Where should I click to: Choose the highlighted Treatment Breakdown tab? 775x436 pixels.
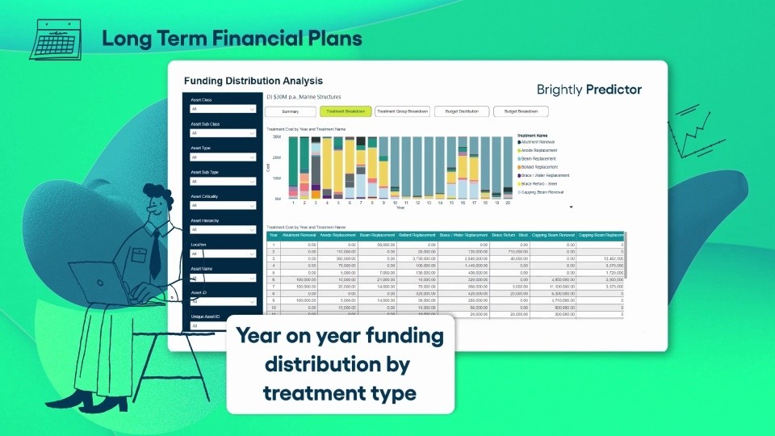pyautogui.click(x=345, y=111)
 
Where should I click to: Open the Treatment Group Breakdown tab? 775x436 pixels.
pyautogui.click(x=402, y=111)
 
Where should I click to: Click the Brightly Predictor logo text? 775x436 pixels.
pyautogui.click(x=589, y=89)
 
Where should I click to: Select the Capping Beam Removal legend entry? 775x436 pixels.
pyautogui.click(x=547, y=192)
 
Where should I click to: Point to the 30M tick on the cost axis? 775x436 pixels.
pyautogui.click(x=276, y=137)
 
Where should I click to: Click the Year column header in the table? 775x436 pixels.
pyautogui.click(x=273, y=235)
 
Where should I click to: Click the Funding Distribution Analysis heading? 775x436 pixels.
pyautogui.click(x=253, y=81)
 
